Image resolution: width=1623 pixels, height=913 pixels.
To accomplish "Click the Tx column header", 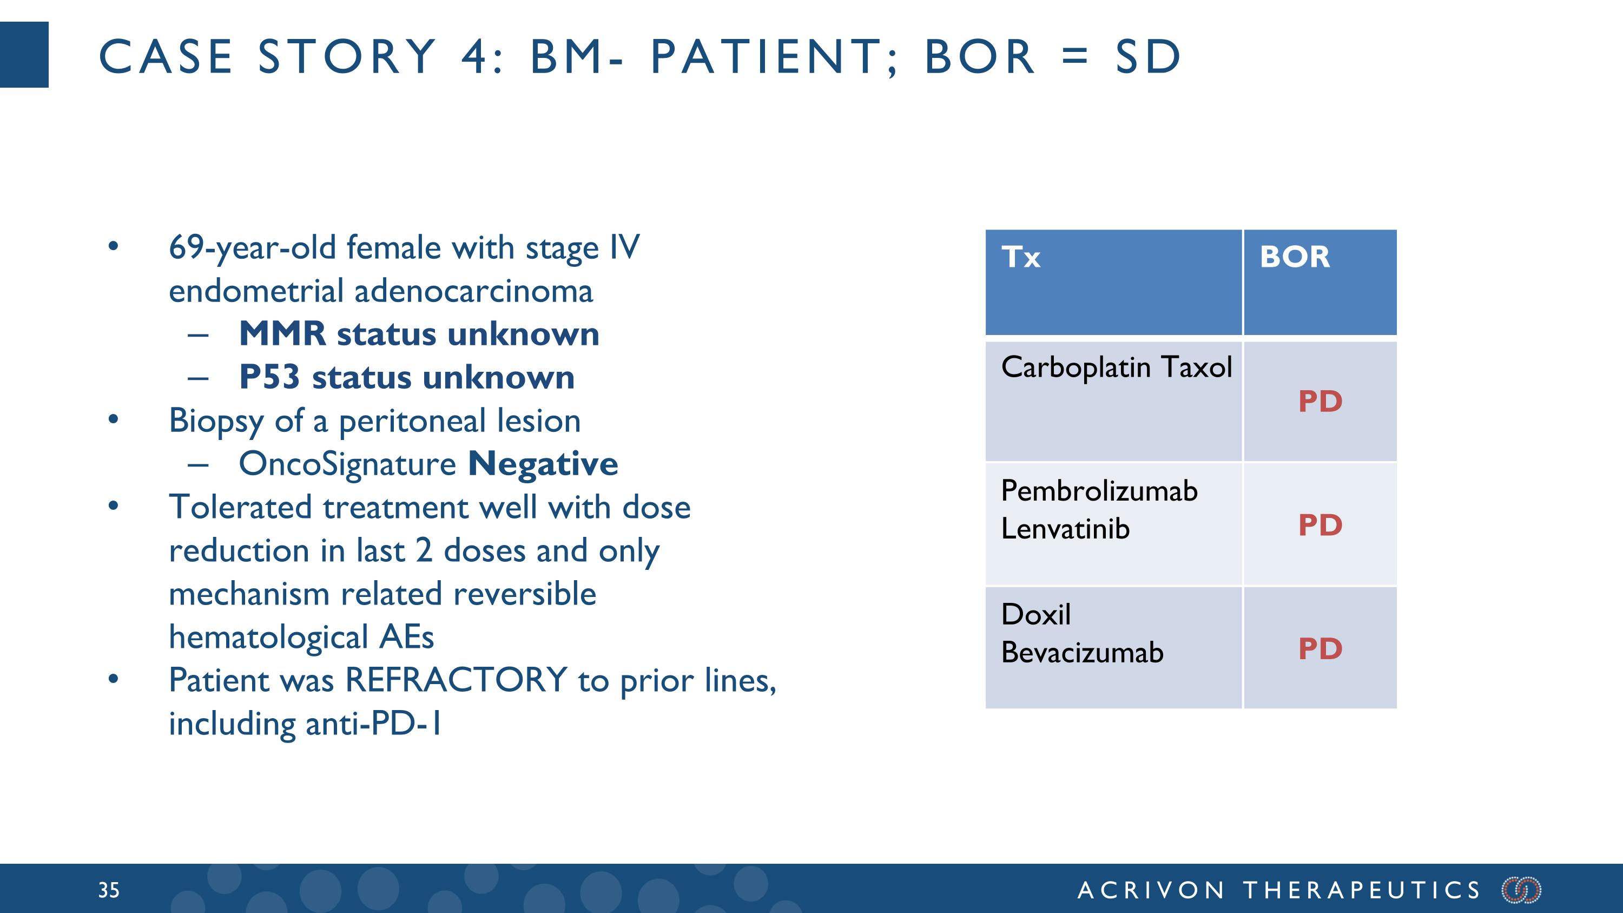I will click(x=1021, y=257).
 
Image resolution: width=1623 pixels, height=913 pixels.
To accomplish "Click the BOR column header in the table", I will click(x=1294, y=257).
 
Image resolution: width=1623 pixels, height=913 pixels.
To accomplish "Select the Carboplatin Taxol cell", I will click(x=1116, y=367).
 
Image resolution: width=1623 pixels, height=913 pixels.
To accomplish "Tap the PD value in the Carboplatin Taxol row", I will click(x=1320, y=402).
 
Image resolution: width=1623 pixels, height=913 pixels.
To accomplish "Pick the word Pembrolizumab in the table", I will click(x=1099, y=491).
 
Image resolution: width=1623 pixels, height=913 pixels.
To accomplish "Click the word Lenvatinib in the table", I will click(x=1065, y=529).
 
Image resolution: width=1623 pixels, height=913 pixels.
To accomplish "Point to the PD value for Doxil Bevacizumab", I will click(x=1320, y=649).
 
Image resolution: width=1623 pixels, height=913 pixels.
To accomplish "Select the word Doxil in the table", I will click(x=1035, y=615).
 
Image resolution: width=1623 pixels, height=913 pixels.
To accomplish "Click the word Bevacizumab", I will click(x=1082, y=653).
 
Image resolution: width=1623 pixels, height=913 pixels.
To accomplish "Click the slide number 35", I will click(x=108, y=890).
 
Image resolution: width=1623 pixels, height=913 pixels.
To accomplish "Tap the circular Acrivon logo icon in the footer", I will click(x=1521, y=890).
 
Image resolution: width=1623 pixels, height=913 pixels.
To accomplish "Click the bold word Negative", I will click(x=543, y=464).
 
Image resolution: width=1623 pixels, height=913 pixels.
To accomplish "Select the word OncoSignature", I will click(x=347, y=464).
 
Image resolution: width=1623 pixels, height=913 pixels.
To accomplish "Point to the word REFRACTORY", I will click(x=456, y=680).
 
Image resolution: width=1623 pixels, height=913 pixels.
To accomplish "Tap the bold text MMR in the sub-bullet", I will click(x=282, y=334).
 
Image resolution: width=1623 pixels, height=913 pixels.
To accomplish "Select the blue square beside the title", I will click(x=24, y=55).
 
